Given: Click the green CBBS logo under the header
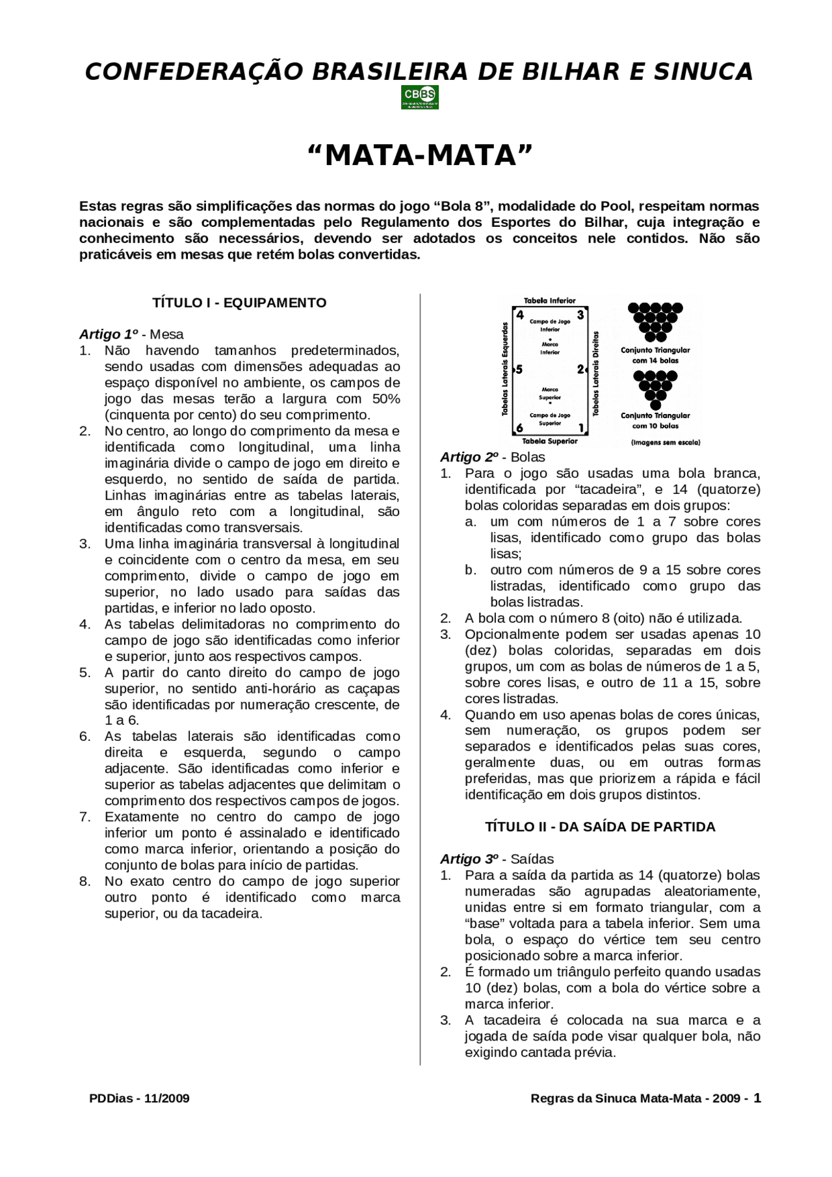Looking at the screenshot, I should tap(419, 97).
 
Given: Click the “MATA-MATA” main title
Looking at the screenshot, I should tap(419, 155).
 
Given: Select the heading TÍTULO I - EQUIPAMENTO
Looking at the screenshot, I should tap(239, 303).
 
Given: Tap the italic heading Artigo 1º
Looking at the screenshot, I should tap(108, 335).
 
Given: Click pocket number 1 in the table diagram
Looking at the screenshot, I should tap(581, 428).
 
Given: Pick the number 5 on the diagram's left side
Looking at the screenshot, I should tap(519, 370).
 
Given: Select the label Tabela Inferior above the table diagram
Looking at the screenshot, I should tap(550, 301).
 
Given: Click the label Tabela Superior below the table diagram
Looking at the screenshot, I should tap(550, 441).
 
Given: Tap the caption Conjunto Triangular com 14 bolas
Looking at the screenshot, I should tap(655, 355).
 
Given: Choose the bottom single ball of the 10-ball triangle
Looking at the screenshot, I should tap(655, 406).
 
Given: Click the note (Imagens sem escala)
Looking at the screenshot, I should tap(666, 443).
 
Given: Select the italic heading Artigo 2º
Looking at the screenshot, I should tap(469, 458).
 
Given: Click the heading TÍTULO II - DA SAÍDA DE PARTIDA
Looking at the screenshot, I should tap(600, 827).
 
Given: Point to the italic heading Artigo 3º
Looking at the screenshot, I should tap(469, 859).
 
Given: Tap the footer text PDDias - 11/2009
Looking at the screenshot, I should tap(139, 1098).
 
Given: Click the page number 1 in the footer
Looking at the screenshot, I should tap(757, 1098).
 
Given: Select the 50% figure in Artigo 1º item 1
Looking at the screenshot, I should tap(386, 399).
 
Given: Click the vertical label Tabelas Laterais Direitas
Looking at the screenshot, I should tap(596, 374).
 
